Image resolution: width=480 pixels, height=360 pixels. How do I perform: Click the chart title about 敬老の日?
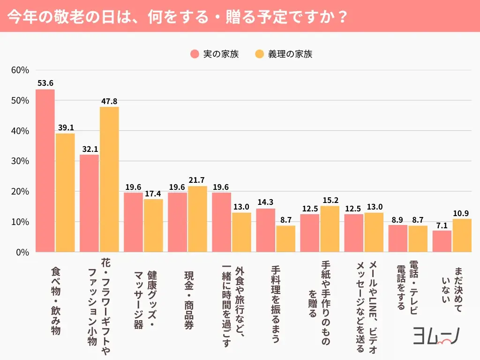(x=178, y=16)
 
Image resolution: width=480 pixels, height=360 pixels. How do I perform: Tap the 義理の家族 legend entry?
(x=284, y=54)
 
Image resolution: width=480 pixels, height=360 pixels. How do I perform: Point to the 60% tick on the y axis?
(x=20, y=70)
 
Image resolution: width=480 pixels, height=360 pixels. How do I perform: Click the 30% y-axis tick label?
(x=20, y=161)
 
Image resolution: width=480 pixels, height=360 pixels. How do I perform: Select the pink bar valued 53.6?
(x=45, y=171)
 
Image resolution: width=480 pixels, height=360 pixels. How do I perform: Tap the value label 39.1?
(x=65, y=127)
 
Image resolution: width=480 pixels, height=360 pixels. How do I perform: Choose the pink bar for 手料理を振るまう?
(x=266, y=230)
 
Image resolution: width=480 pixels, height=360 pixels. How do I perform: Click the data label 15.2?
(x=330, y=200)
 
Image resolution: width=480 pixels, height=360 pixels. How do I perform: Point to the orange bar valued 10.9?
(x=462, y=235)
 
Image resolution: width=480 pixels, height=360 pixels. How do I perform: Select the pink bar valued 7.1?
(x=442, y=241)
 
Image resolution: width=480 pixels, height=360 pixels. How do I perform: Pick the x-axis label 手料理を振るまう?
(x=276, y=304)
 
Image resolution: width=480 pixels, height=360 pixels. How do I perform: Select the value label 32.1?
(x=89, y=149)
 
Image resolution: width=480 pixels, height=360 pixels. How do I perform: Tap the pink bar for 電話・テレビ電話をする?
(x=398, y=239)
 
